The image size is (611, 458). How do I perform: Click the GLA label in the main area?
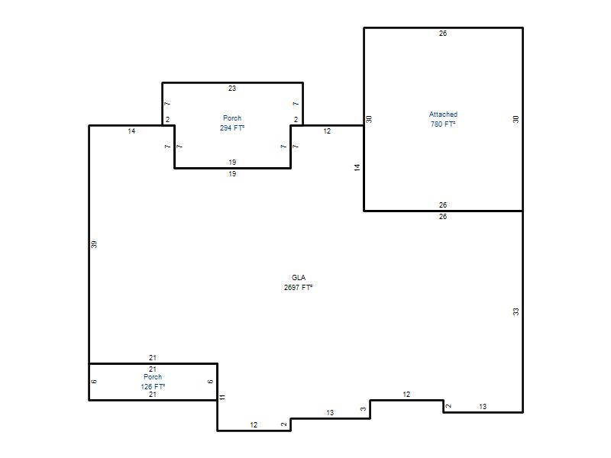click(x=299, y=278)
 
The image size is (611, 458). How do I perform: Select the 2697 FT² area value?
click(x=298, y=288)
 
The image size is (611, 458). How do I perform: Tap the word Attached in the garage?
click(x=443, y=114)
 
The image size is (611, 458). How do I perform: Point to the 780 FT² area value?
click(x=443, y=124)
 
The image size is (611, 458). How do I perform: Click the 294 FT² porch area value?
click(x=232, y=127)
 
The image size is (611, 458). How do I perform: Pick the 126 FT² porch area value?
click(x=153, y=387)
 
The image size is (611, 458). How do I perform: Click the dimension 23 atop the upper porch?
click(x=232, y=89)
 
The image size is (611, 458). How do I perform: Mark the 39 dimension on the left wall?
click(x=94, y=244)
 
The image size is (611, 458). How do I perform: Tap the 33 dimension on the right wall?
click(x=516, y=311)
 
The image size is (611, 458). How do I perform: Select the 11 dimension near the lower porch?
click(x=222, y=397)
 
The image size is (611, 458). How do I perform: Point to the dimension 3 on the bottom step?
click(x=364, y=409)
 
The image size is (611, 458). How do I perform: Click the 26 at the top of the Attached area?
click(x=443, y=34)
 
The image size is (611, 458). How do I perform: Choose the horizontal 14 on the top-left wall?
click(x=131, y=131)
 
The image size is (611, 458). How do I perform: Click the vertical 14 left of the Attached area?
click(x=357, y=168)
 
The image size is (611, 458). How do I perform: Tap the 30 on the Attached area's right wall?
click(x=516, y=119)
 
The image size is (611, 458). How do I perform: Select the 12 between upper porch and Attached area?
click(x=327, y=131)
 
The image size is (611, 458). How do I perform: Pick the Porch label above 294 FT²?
click(x=232, y=118)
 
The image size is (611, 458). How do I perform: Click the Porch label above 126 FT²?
click(x=153, y=377)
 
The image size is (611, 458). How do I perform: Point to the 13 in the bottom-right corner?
click(x=483, y=407)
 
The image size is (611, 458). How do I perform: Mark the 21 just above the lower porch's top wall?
click(x=153, y=357)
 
